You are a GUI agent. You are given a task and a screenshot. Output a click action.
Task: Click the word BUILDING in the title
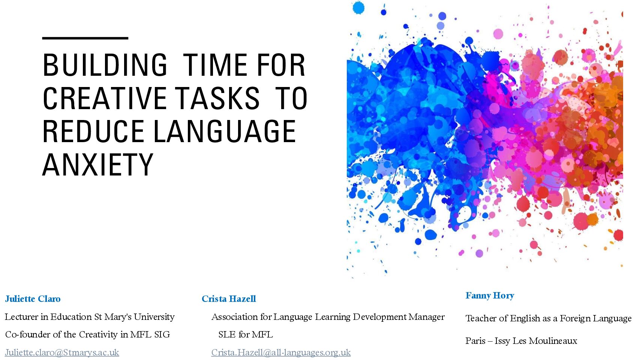pos(105,65)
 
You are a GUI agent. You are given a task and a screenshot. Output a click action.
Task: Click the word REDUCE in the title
pos(93,131)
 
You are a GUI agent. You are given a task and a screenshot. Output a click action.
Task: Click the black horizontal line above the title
pos(85,38)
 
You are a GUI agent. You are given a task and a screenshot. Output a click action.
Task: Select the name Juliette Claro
pos(33,299)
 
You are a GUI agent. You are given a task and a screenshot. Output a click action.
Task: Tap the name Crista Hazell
pos(229,299)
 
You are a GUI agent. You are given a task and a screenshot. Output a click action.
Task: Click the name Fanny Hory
pos(490,296)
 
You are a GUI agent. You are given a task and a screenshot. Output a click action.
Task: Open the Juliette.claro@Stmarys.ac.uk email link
pos(62,352)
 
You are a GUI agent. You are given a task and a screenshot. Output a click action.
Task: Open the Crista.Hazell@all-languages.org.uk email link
pos(281,352)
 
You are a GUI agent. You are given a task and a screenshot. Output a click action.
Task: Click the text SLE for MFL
pos(246,334)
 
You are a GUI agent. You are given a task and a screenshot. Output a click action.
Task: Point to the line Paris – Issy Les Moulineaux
pos(521,341)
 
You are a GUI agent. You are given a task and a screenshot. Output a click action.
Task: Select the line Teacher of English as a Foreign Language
pos(549,318)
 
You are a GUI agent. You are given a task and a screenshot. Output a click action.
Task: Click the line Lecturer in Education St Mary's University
pos(90,317)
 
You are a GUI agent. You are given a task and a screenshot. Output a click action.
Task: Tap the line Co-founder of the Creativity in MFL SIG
pos(88,334)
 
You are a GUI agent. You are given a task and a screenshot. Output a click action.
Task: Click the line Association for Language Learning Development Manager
pos(328,317)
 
